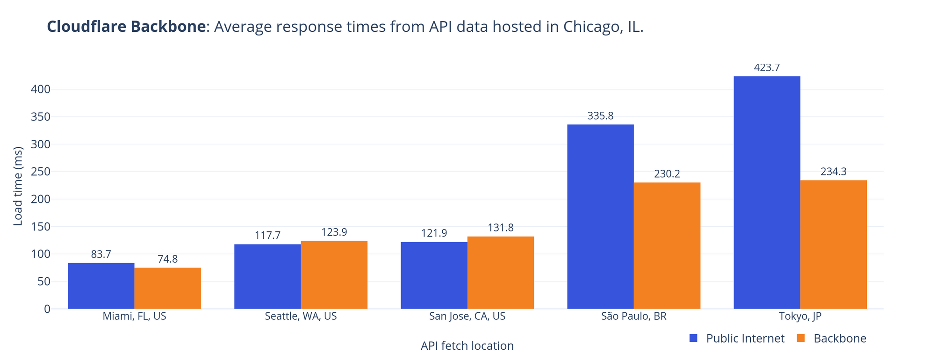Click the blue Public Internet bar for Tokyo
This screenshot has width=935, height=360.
(x=767, y=192)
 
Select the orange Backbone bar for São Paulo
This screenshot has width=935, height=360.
(x=667, y=245)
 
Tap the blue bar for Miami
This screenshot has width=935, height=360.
(x=101, y=286)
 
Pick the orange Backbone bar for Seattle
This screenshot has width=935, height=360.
(x=334, y=274)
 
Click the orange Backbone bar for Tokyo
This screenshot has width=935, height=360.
(x=834, y=245)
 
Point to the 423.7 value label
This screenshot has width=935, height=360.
(x=767, y=68)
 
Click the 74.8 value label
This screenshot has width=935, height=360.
(x=167, y=259)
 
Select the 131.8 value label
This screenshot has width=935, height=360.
(x=501, y=228)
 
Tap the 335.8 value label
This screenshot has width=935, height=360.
(x=600, y=116)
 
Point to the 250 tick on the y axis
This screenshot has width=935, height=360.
(x=41, y=172)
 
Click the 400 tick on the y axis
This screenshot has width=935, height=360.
(x=41, y=89)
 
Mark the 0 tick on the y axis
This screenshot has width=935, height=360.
(x=46, y=309)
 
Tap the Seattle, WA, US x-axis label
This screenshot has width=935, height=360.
(x=301, y=316)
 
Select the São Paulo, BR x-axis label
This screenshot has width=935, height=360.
(x=633, y=316)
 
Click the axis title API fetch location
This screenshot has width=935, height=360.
(x=467, y=346)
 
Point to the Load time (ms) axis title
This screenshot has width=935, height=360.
(x=18, y=186)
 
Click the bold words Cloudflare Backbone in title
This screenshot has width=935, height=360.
(x=126, y=27)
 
